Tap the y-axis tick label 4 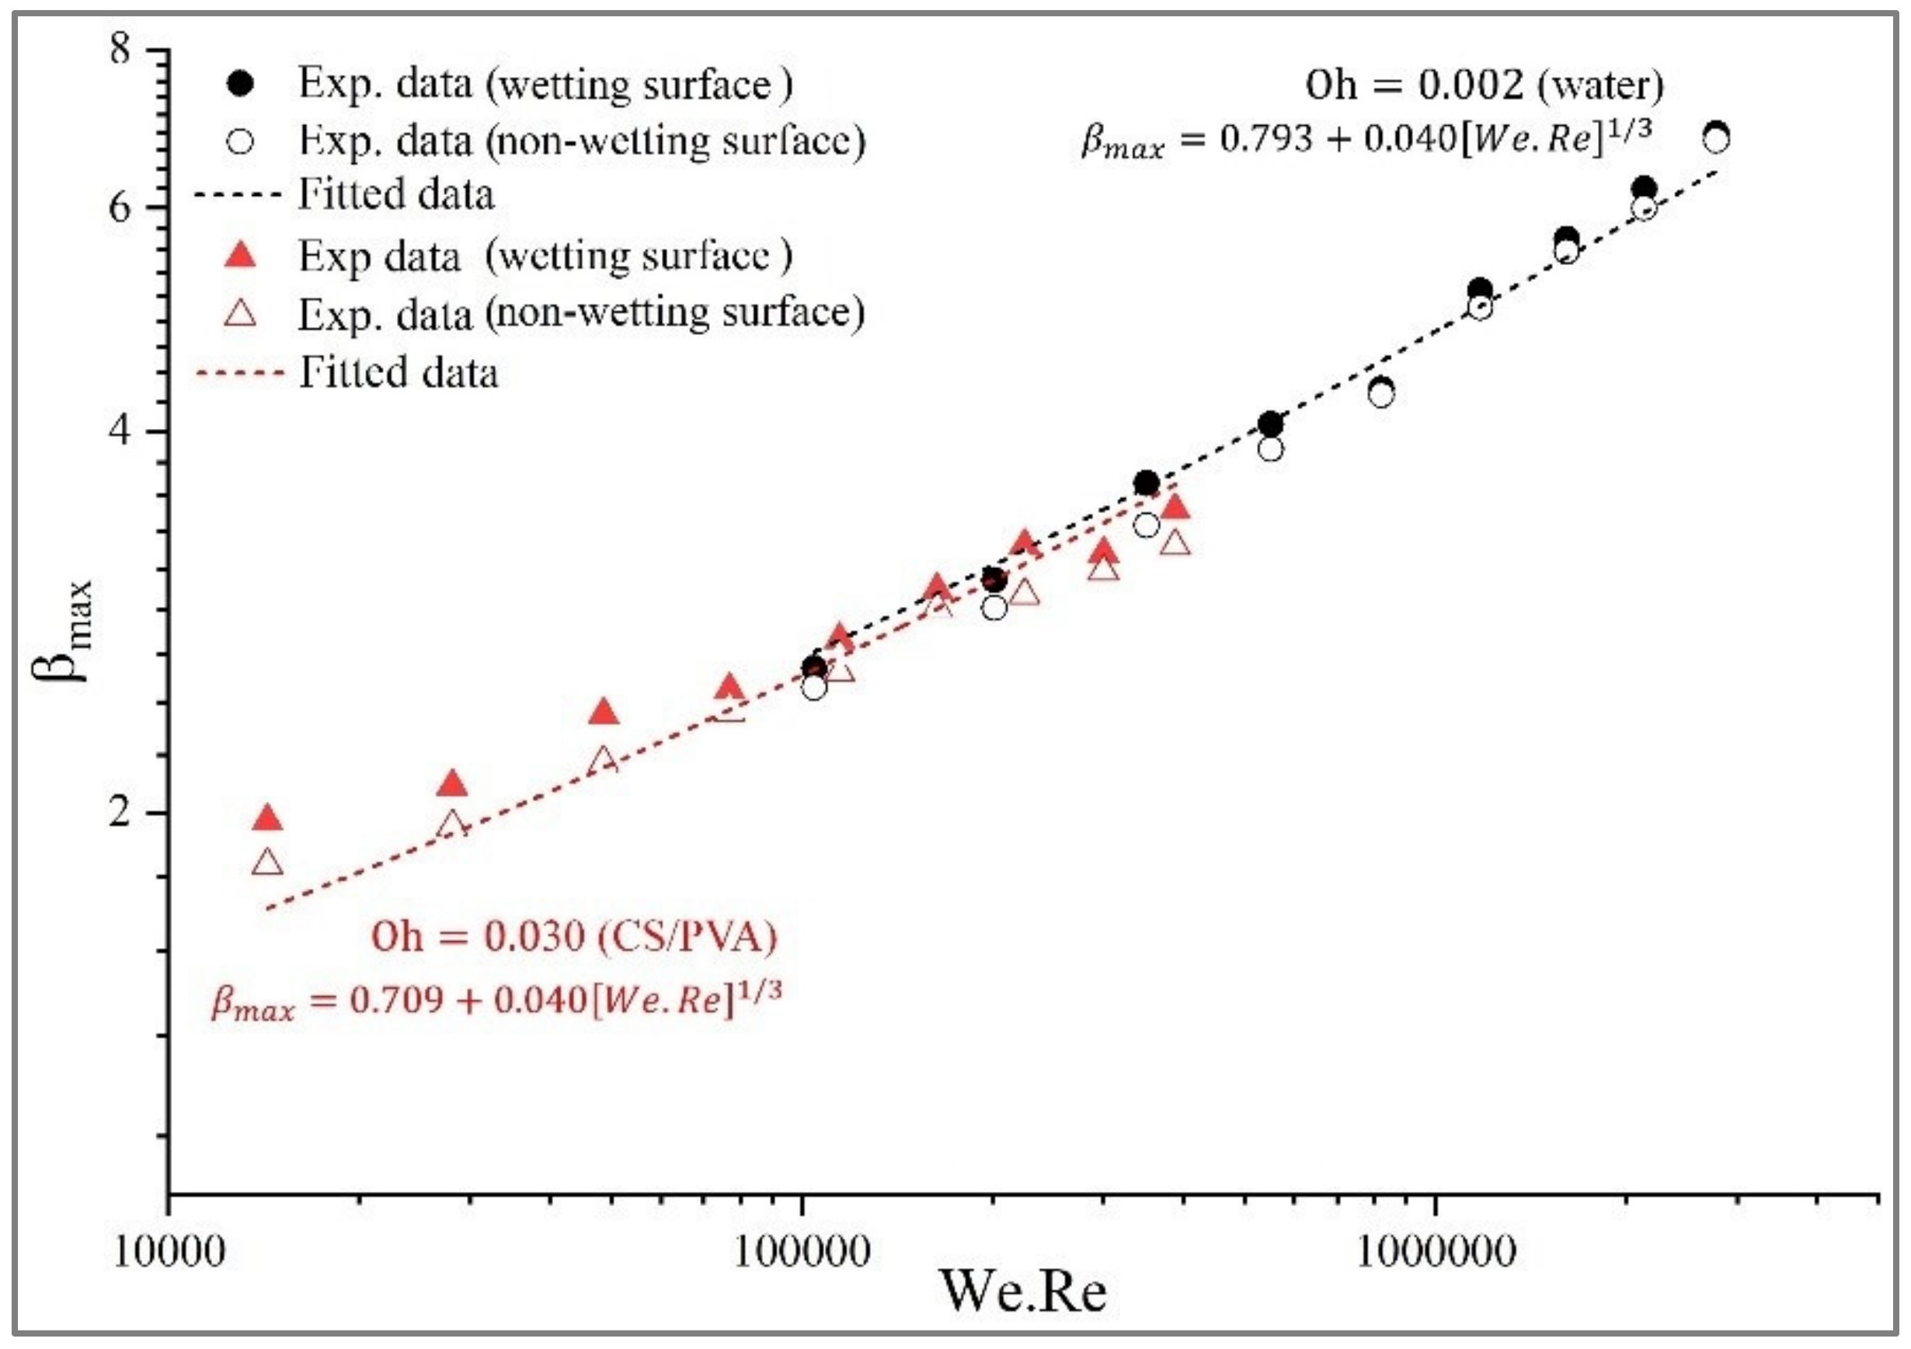pyautogui.click(x=120, y=431)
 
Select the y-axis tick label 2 pyautogui.click(x=120, y=812)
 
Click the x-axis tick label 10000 pyautogui.click(x=169, y=1252)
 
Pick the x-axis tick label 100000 pyautogui.click(x=802, y=1252)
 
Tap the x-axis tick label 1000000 pyautogui.click(x=1435, y=1252)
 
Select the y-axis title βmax pyautogui.click(x=62, y=630)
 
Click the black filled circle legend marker pyautogui.click(x=242, y=84)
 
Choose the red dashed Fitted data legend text pyautogui.click(x=399, y=372)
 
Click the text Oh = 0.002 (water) pyautogui.click(x=1484, y=85)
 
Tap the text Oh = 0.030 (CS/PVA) pyautogui.click(x=574, y=937)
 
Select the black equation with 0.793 pyautogui.click(x=1366, y=138)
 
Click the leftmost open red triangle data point pyautogui.click(x=267, y=862)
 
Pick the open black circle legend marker pyautogui.click(x=242, y=141)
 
